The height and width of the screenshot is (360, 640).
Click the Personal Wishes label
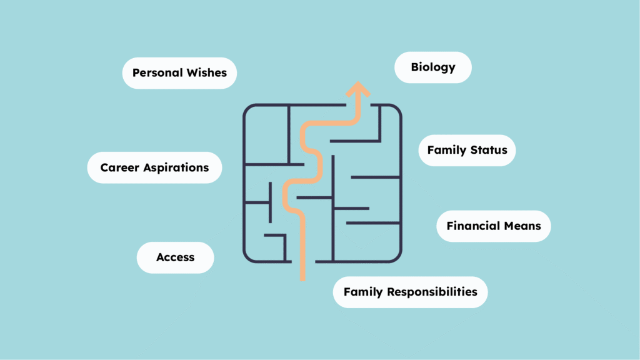pyautogui.click(x=179, y=73)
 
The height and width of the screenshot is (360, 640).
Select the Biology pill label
pyautogui.click(x=432, y=67)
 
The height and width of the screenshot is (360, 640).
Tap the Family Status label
pyautogui.click(x=467, y=151)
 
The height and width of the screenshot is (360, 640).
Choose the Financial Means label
pyautogui.click(x=494, y=226)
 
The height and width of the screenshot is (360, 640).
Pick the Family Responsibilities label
pyautogui.click(x=410, y=292)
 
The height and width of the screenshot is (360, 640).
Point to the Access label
pyautogui.click(x=175, y=257)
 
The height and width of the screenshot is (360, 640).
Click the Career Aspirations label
pyautogui.click(x=154, y=167)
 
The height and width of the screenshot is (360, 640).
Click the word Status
pyautogui.click(x=489, y=151)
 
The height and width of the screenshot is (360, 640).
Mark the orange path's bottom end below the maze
pyautogui.click(x=302, y=278)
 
